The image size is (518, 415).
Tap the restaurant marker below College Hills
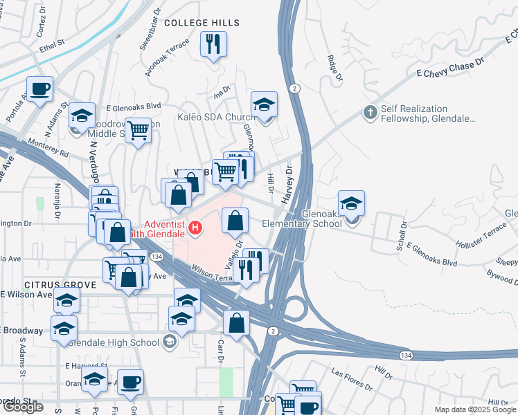pyautogui.click(x=213, y=45)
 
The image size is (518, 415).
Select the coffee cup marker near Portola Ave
pyautogui.click(x=39, y=89)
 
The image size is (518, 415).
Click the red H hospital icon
pyautogui.click(x=197, y=227)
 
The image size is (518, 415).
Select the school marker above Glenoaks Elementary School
pyautogui.click(x=351, y=203)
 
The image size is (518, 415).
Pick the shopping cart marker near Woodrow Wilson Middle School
pyautogui.click(x=139, y=129)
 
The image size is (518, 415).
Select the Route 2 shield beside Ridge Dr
pyautogui.click(x=295, y=88)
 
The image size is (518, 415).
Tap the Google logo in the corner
pyautogui.click(x=23, y=407)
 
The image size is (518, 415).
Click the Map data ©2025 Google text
pyautogui.click(x=475, y=409)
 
